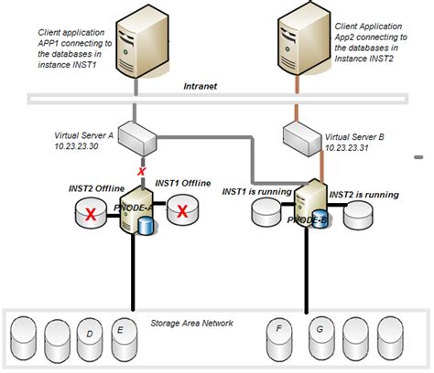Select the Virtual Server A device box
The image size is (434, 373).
pos(140,136)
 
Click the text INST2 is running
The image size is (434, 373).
pos(363,194)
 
